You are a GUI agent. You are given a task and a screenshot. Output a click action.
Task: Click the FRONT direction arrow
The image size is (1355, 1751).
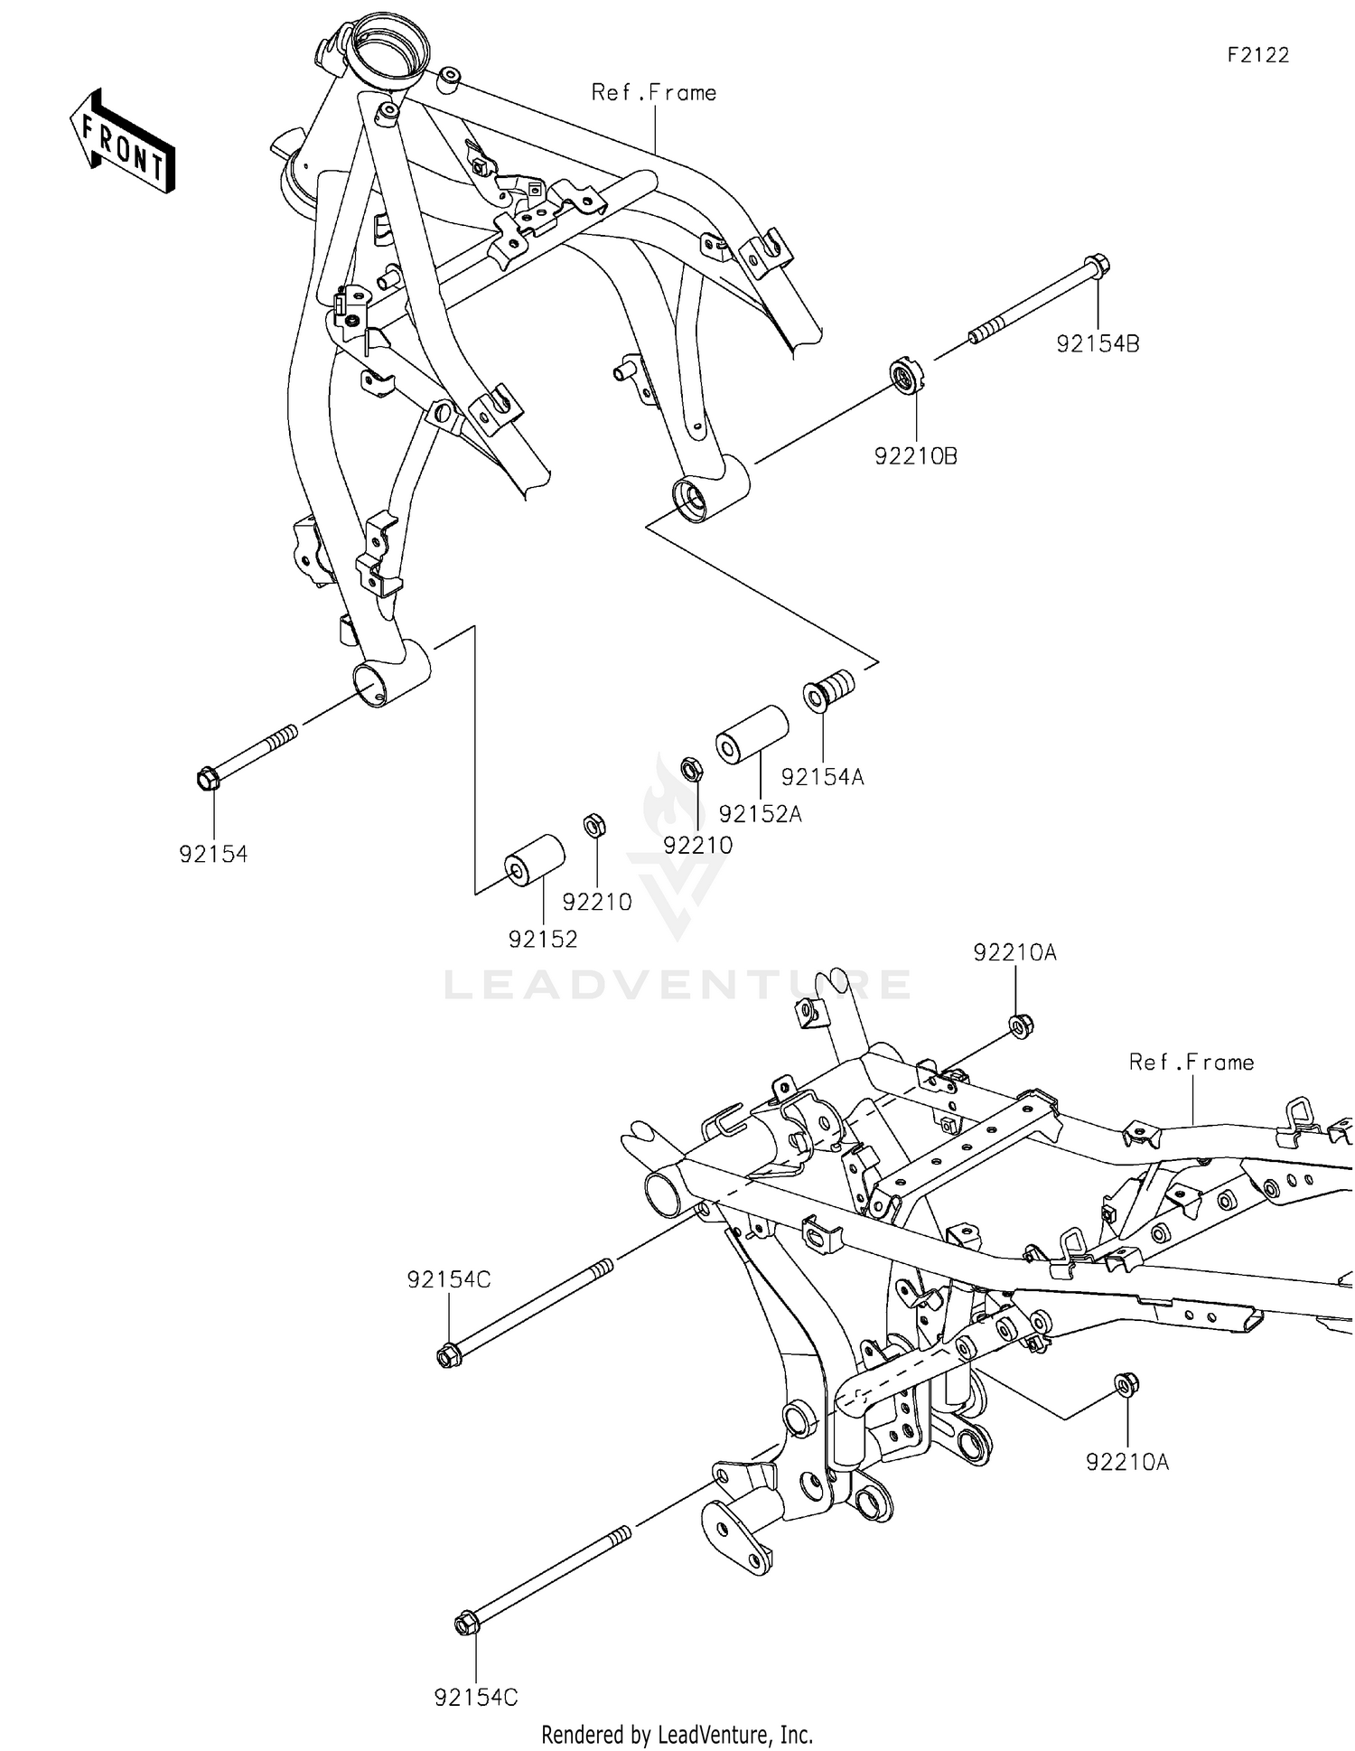coord(122,142)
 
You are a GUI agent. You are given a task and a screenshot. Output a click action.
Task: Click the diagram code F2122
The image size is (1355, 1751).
coord(1257,55)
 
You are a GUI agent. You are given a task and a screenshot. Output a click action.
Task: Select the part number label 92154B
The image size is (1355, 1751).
coord(1098,344)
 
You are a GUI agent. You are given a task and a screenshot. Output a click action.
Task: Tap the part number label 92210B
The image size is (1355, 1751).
coord(915,456)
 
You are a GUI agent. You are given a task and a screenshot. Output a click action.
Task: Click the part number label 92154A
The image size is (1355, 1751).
coord(822,777)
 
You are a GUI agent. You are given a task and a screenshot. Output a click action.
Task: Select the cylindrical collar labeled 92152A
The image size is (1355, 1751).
coord(752,735)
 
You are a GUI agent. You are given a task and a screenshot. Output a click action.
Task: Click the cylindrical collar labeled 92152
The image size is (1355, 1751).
coord(534,861)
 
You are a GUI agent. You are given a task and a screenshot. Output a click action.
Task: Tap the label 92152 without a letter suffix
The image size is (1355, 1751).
coord(542,939)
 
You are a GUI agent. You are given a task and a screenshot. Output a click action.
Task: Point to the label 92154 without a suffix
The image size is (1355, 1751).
coord(213,854)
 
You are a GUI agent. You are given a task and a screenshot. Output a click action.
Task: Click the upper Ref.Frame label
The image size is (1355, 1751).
coord(654,92)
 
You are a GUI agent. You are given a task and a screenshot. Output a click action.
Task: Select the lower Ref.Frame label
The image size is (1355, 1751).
coord(1191,1063)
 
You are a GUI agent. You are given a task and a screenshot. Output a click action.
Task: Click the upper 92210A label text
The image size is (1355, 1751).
coord(1014,952)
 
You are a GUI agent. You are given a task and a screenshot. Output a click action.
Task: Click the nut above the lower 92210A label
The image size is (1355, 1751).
coord(1126,1384)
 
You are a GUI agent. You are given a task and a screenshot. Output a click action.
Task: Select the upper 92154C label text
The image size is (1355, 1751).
coord(448,1279)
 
